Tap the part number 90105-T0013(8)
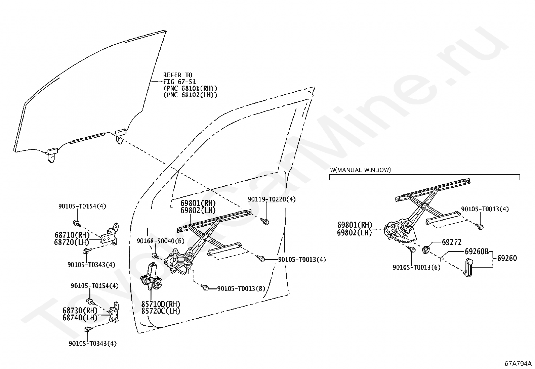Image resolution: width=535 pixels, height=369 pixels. tap(241, 288)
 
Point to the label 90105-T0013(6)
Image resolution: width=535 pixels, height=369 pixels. tap(416, 267)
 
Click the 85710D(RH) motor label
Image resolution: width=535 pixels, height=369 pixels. tap(161, 304)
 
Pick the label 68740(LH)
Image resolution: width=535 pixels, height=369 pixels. tap(80, 317)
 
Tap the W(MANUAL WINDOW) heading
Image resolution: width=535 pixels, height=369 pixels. tap(360, 170)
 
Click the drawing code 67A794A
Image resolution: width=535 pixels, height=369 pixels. tap(518, 363)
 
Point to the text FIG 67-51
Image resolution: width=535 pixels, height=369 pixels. tap(179, 82)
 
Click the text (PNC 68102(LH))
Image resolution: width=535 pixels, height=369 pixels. tap(190, 95)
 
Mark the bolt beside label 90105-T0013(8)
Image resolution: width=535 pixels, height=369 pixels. tap(206, 288)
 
